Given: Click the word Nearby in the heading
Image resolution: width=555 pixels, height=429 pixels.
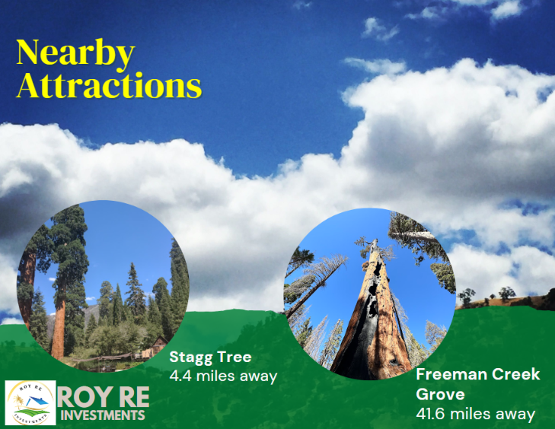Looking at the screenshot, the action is point(75,54).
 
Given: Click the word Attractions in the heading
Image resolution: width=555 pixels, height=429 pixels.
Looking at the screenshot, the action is point(109,85).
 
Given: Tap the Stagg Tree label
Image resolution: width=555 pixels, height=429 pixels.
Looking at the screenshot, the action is point(210,357).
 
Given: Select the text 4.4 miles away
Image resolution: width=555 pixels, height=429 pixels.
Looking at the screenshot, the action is point(223,376).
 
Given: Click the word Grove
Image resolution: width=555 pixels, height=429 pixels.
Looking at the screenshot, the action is point(440,394).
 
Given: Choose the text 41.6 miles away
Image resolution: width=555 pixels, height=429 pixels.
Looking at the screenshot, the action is point(475,414).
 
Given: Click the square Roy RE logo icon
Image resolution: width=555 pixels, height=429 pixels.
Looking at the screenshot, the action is point(30,402).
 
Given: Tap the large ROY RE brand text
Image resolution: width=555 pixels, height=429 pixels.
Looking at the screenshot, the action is point(103,397).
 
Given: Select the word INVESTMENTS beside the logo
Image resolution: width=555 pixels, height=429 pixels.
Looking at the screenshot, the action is point(103,415).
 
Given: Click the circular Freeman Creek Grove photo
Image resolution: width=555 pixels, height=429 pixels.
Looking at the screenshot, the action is point(369,294).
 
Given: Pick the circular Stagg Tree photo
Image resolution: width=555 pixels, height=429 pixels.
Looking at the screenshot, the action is point(103,286).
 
